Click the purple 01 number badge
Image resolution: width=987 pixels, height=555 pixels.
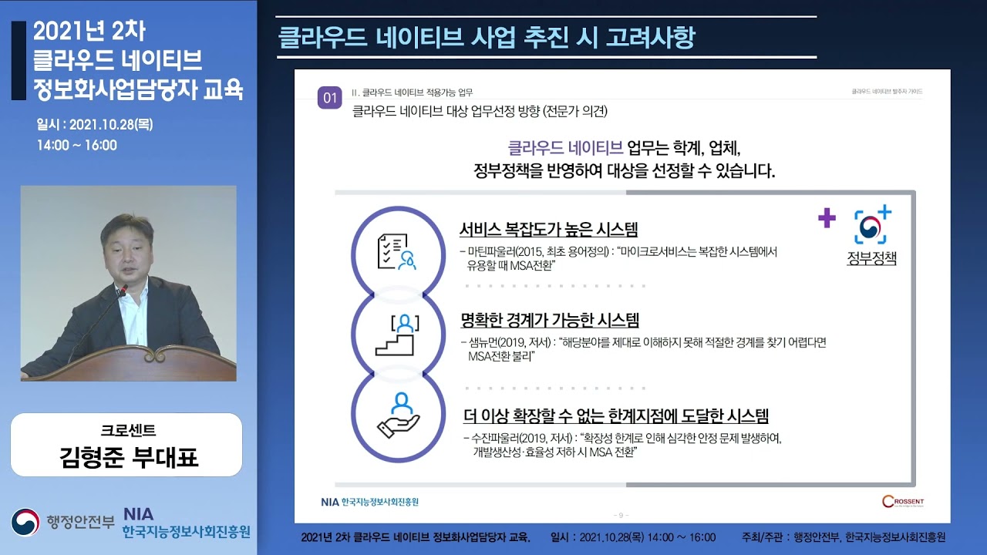330,98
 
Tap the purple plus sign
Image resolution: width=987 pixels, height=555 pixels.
827,219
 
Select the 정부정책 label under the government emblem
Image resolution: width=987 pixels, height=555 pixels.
872,258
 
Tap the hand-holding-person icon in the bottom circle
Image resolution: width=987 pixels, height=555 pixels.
398,416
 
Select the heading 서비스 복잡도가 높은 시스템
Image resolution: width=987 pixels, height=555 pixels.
548,230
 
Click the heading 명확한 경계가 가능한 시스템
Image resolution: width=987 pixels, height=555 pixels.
549,320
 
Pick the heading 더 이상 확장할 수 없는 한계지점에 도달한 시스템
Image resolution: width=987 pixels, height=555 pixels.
616,417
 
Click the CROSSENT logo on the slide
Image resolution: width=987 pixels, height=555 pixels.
903,502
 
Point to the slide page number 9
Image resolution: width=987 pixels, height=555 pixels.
622,515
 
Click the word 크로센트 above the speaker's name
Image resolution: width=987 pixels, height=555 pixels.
128,430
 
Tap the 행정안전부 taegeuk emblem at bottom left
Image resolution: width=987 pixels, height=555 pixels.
25,522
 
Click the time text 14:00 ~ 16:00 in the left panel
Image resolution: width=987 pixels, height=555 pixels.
76,145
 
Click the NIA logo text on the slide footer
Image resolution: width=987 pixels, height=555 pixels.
329,502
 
